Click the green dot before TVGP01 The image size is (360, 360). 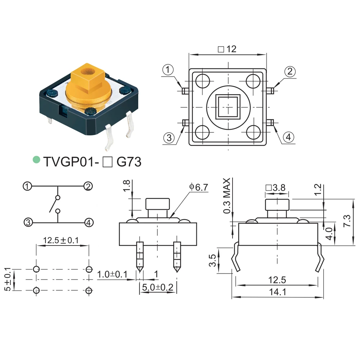coord(36,159)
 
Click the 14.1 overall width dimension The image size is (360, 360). coord(277,292)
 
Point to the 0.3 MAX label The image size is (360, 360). coord(226,196)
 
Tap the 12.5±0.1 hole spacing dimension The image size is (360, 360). coord(61,240)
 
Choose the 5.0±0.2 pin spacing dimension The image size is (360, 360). coord(158,288)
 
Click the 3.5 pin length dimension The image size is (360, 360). coord(213,261)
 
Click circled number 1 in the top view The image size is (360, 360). coord(168,70)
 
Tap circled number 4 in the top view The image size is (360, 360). coord(289,137)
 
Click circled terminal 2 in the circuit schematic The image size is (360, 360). coord(88,186)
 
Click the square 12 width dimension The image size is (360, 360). coord(228,49)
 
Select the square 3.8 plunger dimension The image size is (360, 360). coord(275,188)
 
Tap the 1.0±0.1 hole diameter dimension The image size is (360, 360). coord(112,274)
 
